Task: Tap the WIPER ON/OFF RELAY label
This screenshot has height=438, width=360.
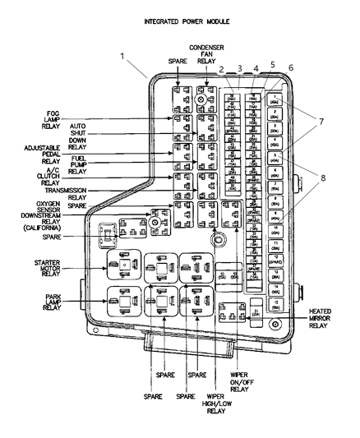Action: pyautogui.click(x=238, y=383)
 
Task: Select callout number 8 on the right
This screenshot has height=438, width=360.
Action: pyautogui.click(x=321, y=176)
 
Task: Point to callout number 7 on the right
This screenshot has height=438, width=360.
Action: pyautogui.click(x=321, y=122)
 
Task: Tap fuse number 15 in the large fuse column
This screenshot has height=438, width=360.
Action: pyautogui.click(x=276, y=307)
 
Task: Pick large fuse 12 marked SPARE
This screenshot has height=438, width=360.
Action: pyautogui.click(x=276, y=262)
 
